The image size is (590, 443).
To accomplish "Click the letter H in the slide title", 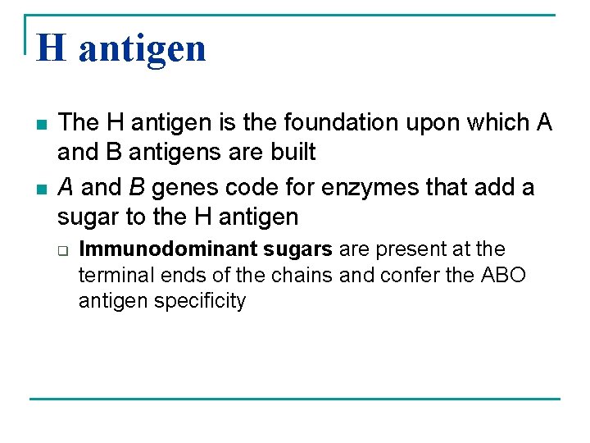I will pyautogui.click(x=51, y=48).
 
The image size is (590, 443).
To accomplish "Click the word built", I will pyautogui.click(x=293, y=153).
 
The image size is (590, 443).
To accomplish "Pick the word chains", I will pyautogui.click(x=302, y=275).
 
